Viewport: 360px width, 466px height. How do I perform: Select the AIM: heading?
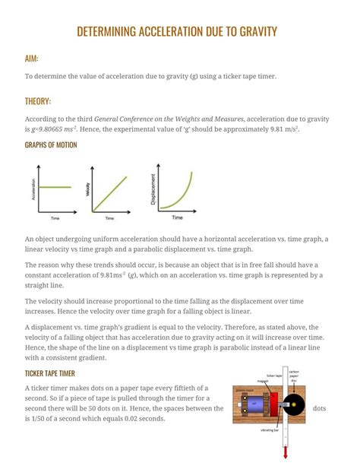[x=31, y=59]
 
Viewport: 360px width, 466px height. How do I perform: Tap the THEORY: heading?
[x=38, y=100]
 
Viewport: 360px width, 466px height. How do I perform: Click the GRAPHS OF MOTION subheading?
[x=51, y=144]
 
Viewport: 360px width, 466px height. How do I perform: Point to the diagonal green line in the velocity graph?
[x=109, y=189]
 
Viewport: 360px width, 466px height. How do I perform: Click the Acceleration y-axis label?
[x=33, y=188]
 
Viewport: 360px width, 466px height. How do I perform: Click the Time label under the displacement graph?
[x=177, y=217]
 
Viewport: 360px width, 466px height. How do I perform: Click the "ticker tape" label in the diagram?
[x=274, y=376]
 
